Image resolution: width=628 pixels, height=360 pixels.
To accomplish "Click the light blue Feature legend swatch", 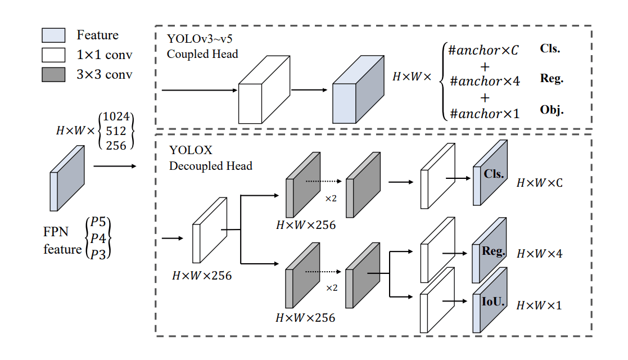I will pos(53,35).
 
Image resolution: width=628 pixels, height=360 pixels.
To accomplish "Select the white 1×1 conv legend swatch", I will pos(53,55).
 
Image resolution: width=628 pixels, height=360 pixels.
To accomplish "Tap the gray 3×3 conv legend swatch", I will pos(53,74).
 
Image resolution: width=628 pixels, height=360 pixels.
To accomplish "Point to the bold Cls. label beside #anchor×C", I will pos(550,48).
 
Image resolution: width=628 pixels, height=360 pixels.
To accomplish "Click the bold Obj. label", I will pos(552,109).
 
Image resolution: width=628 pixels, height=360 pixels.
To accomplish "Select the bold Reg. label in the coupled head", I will pos(552,79).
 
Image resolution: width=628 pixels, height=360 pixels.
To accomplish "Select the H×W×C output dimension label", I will pos(539,183).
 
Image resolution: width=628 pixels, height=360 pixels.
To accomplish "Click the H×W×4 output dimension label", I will pos(539,254).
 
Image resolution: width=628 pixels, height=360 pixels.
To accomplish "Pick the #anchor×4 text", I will pos(484,81).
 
